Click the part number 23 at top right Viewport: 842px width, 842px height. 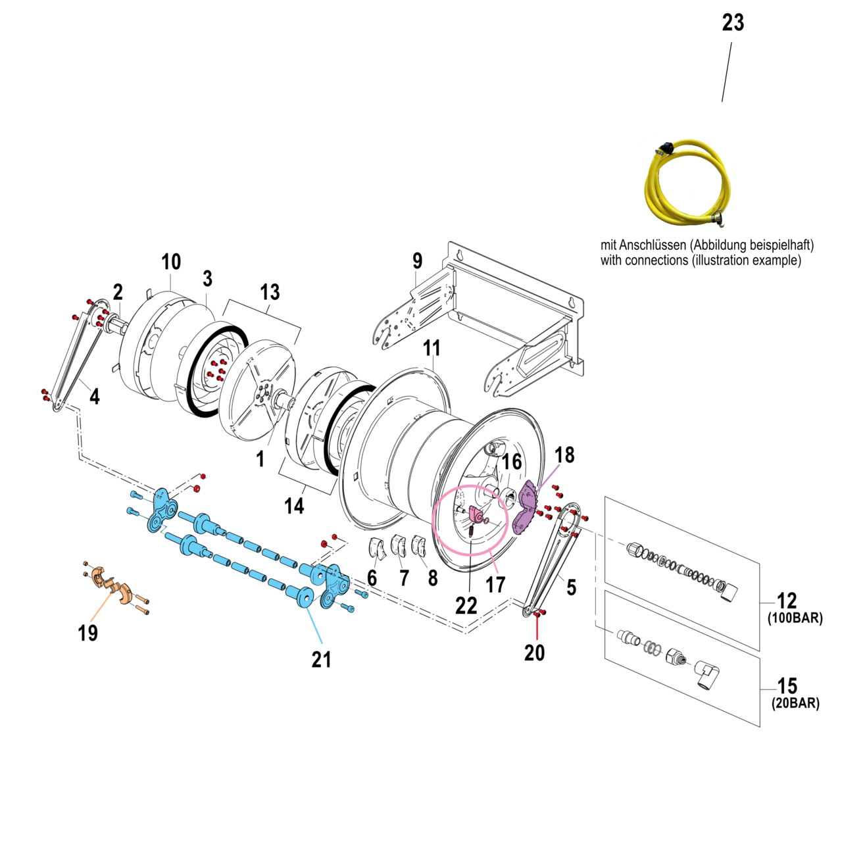[x=733, y=23]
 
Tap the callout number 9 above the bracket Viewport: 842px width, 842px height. [x=417, y=261]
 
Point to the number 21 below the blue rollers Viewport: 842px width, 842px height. [x=321, y=659]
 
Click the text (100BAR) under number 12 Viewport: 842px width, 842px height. [x=795, y=618]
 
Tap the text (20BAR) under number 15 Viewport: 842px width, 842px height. [x=795, y=703]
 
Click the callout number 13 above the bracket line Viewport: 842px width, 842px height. [x=270, y=292]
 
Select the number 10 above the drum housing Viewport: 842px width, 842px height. [x=171, y=262]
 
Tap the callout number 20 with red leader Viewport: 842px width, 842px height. [x=534, y=653]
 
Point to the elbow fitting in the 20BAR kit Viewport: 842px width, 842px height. [x=707, y=676]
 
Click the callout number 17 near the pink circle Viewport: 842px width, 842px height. [x=495, y=584]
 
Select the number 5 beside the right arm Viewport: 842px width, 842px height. [x=571, y=587]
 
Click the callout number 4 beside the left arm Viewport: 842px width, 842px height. [x=95, y=397]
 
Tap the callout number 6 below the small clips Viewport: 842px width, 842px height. [x=372, y=578]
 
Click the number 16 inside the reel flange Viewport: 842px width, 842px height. [x=512, y=462]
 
